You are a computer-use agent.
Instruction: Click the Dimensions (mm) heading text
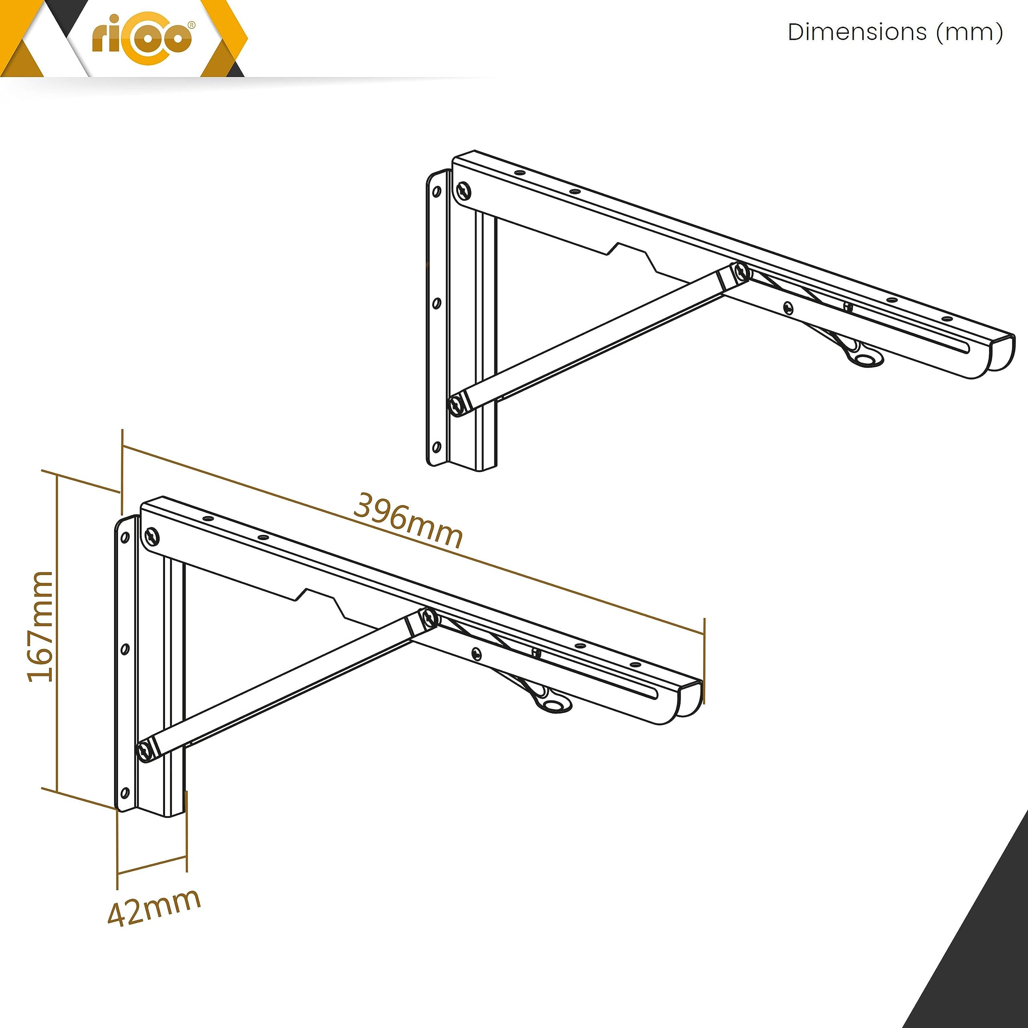click(x=895, y=32)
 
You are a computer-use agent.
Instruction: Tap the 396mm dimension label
click(x=408, y=520)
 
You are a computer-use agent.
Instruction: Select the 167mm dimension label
click(x=41, y=626)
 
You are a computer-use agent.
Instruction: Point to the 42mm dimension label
click(x=154, y=907)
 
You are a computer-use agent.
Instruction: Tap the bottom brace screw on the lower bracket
click(x=145, y=751)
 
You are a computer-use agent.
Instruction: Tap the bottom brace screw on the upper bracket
click(x=457, y=406)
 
